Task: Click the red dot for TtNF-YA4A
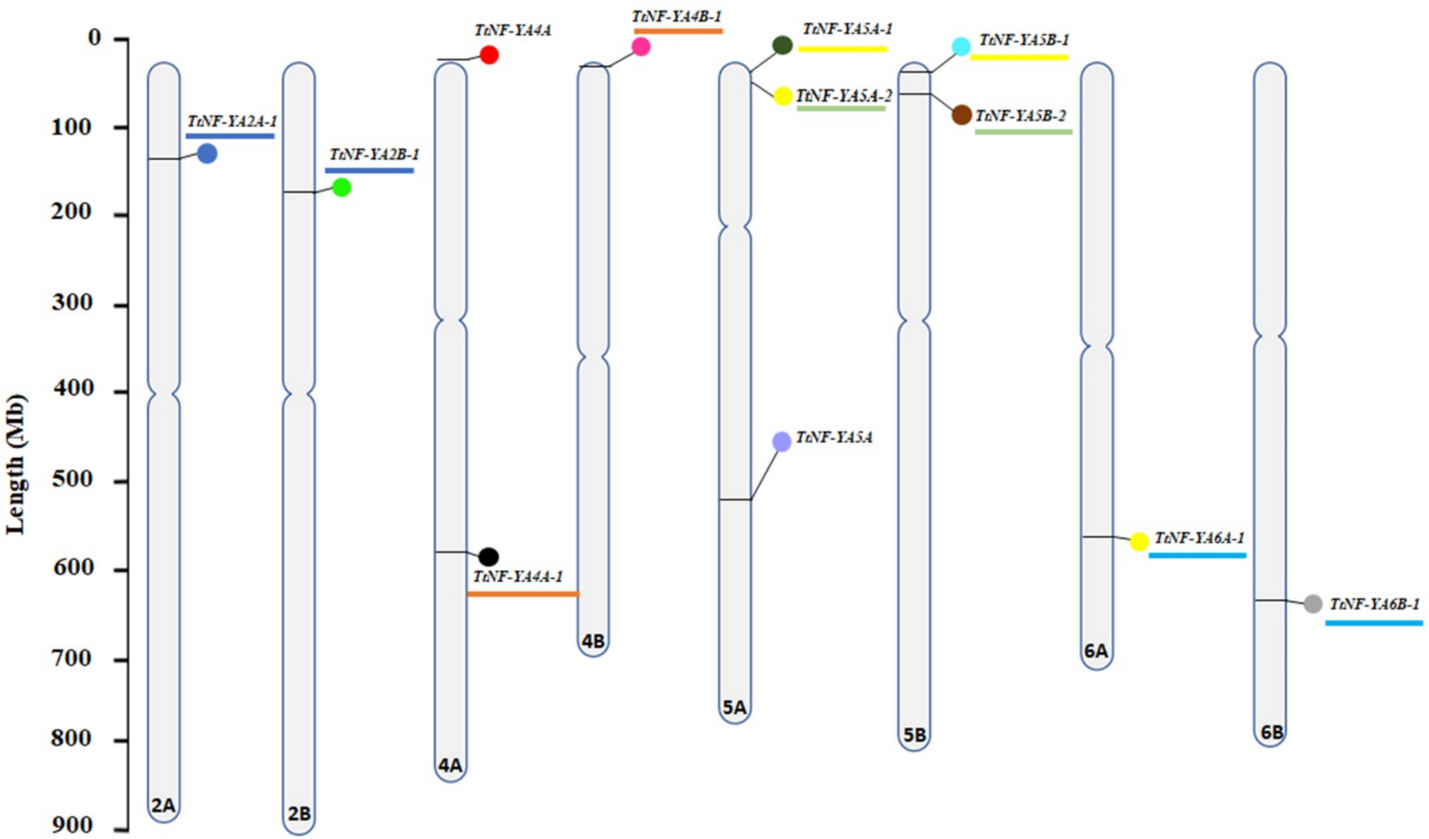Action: [489, 55]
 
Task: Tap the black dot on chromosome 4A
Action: [488, 557]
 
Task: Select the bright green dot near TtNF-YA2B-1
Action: [341, 188]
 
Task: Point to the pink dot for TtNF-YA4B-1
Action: [641, 47]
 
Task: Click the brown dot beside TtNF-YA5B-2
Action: [961, 115]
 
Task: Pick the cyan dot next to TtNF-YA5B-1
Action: [961, 46]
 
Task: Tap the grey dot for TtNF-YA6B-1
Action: [1312, 604]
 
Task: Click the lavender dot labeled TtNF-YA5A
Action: [782, 441]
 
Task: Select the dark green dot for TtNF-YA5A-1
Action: [783, 45]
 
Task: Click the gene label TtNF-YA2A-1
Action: [232, 122]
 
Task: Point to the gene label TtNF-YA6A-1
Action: [1199, 538]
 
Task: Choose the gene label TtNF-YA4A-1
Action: [518, 577]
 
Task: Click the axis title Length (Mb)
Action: [15, 464]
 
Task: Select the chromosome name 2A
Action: [163, 805]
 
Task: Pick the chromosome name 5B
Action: [914, 735]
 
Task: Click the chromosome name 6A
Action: [1096, 651]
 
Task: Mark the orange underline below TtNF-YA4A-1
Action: [523, 594]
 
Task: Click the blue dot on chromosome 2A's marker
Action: [207, 153]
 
